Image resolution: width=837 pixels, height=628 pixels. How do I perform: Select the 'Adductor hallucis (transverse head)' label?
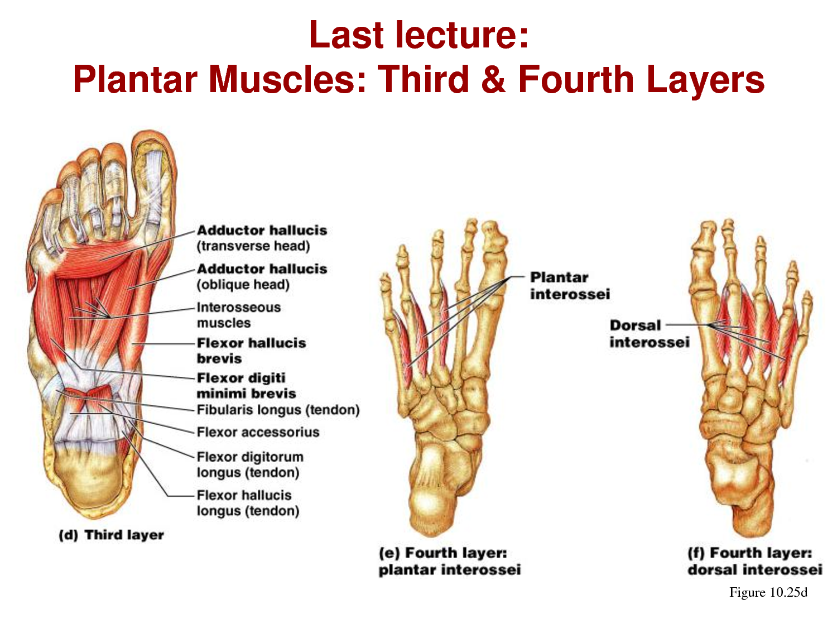[x=262, y=238]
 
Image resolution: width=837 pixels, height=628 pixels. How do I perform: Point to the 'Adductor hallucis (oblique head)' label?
[x=262, y=276]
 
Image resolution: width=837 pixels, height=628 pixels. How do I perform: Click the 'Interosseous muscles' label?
[x=239, y=315]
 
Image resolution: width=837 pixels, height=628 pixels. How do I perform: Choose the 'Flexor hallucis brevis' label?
[x=251, y=351]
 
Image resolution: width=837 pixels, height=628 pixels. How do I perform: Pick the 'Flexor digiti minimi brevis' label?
[x=246, y=386]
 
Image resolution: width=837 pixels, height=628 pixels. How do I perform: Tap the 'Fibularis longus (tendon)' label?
[x=278, y=410]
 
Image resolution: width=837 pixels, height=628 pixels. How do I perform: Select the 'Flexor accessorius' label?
[x=258, y=432]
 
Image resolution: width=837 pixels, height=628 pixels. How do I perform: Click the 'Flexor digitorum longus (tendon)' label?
[x=250, y=464]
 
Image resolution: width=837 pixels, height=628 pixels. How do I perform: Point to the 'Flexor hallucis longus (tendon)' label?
[x=248, y=503]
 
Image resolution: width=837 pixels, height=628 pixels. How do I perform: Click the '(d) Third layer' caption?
[x=112, y=535]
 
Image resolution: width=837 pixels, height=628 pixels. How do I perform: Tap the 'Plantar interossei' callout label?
[x=570, y=286]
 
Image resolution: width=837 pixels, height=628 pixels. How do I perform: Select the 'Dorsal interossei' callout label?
[x=649, y=334]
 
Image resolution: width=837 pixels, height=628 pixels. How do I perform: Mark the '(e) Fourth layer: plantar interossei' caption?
[x=449, y=561]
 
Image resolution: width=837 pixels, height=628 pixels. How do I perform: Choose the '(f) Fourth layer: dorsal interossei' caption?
[x=754, y=561]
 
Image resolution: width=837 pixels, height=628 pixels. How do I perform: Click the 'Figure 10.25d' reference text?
[x=768, y=592]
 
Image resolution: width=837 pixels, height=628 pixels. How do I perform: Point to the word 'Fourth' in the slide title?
[x=575, y=79]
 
